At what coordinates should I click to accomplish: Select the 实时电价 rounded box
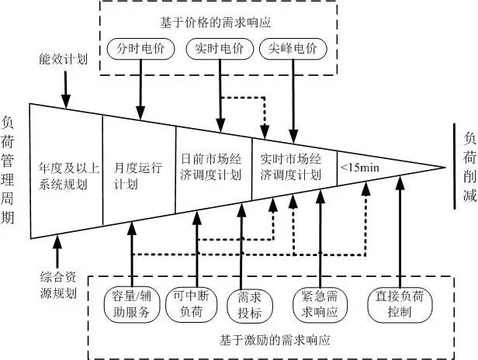[x=216, y=48]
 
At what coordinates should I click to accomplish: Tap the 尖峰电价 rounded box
[x=293, y=48]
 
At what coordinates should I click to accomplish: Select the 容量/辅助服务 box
[x=133, y=303]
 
